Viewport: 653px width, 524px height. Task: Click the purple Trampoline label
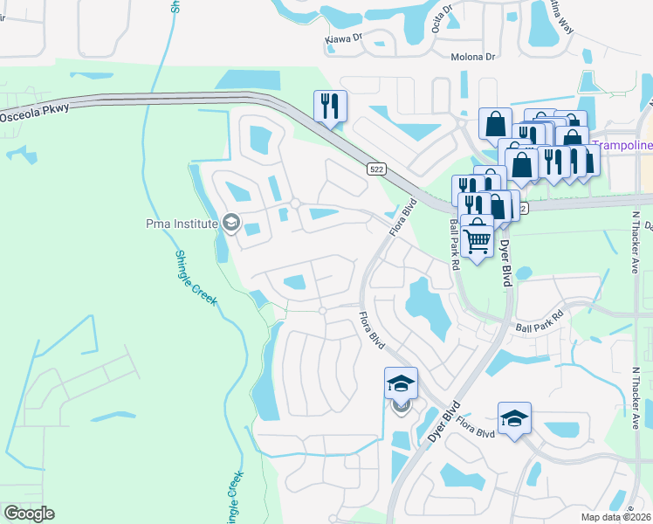622,145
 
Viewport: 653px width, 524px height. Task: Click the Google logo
30,513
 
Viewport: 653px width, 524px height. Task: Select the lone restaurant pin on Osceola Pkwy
330,107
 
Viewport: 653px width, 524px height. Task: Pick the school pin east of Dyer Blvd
514,418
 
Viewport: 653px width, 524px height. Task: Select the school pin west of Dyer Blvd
401,384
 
